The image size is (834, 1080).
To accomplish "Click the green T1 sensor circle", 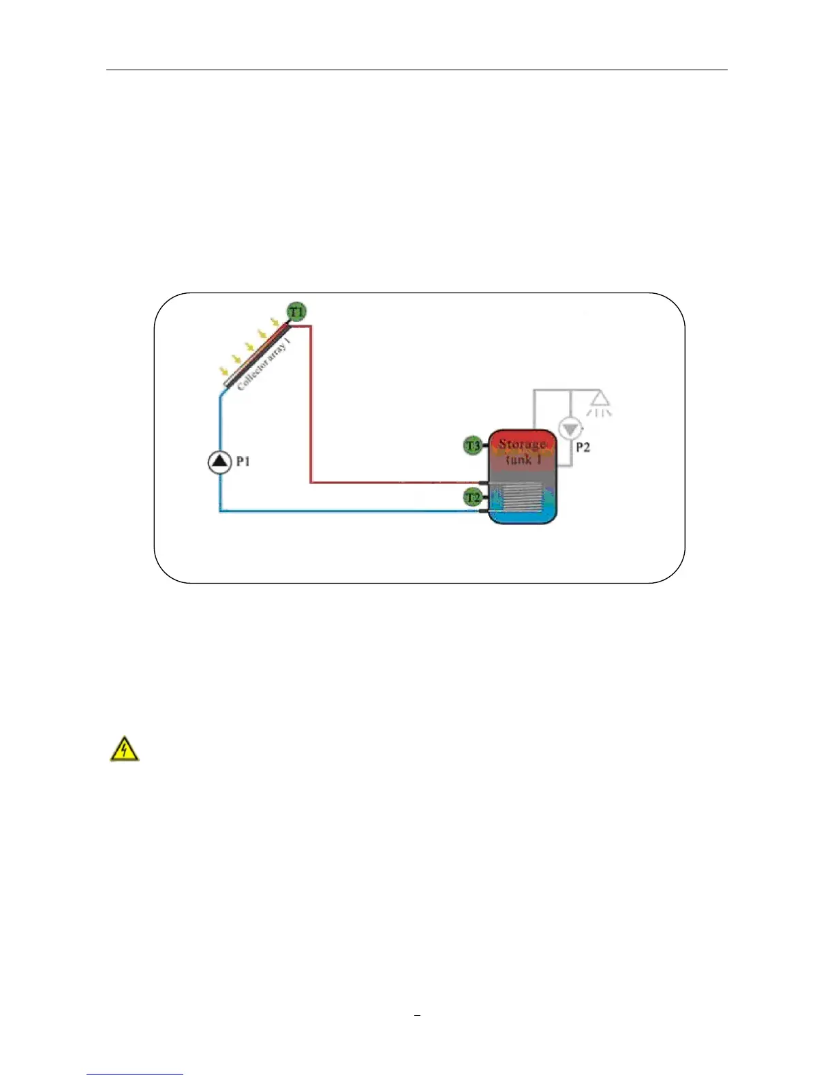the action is tap(296, 312).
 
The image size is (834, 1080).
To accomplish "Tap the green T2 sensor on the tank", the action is tap(472, 498).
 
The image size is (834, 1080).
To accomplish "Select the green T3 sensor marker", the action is tap(472, 446).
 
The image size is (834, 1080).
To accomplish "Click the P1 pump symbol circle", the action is tap(219, 462).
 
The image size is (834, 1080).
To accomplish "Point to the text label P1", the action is tap(243, 462).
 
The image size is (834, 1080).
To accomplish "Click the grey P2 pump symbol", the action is tap(570, 428).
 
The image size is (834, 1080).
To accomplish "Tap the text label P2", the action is tap(583, 447).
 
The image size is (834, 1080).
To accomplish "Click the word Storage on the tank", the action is tap(522, 445).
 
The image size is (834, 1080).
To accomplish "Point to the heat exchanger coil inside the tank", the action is tap(522, 498).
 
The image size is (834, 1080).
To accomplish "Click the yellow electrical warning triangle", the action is tap(125, 749).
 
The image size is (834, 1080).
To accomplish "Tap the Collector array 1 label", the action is tap(264, 363).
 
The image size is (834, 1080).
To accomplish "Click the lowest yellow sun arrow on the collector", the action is tap(223, 372).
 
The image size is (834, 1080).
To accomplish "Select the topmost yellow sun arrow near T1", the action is tap(275, 322).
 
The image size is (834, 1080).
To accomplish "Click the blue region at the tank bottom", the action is tap(523, 517).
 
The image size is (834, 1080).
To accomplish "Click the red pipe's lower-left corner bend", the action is tap(311, 482).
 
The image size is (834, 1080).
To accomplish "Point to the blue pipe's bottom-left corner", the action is tap(220, 511).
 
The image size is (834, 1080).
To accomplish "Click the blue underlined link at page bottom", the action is tap(135, 1074).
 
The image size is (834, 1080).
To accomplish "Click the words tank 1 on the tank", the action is tap(523, 460).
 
